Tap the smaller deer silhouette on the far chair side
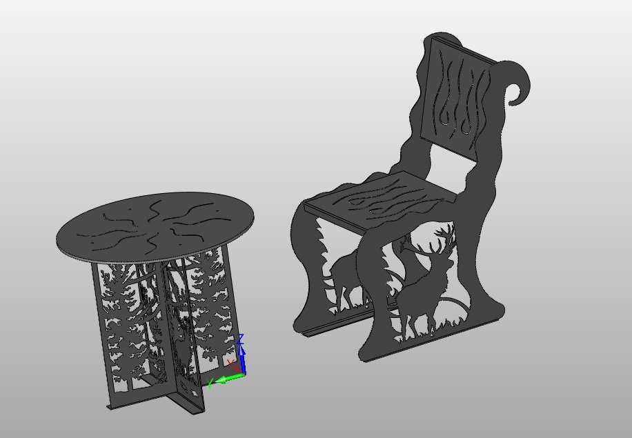pyautogui.click(x=345, y=276)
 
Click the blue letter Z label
pyautogui.click(x=240, y=339)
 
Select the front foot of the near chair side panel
pyautogui.click(x=373, y=348)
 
